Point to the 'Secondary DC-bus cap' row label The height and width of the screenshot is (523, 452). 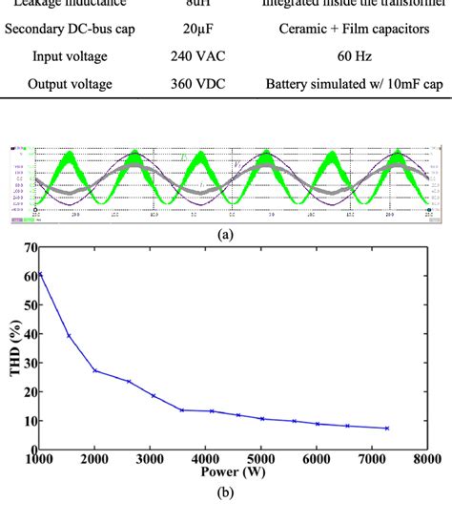pos(70,30)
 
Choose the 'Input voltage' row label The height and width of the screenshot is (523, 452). pos(70,56)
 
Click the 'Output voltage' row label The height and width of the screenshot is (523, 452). pos(70,84)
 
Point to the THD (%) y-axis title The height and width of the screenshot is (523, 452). pos(12,347)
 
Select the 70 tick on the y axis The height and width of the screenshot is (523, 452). pos(29,248)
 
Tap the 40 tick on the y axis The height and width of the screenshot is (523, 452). pos(29,334)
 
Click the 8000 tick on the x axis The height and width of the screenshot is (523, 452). pos(425,459)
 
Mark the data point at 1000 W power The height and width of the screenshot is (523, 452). pos(40,274)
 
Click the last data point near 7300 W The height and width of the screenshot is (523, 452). pos(386,429)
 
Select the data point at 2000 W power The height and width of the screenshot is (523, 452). pos(94,370)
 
